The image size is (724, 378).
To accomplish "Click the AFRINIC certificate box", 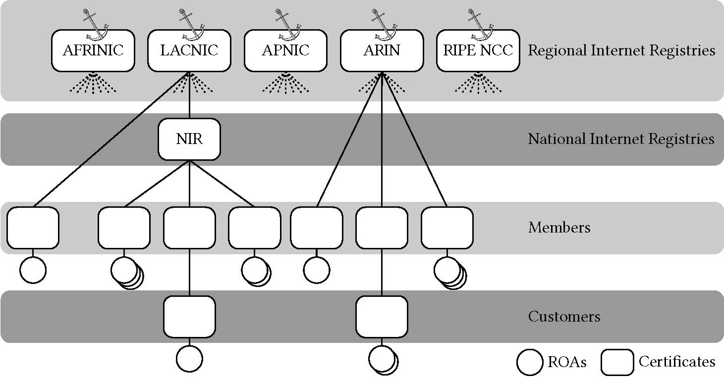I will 93,50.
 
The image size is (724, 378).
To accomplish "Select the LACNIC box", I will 189,50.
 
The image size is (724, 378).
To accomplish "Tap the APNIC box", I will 285,50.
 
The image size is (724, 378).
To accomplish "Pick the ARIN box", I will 382,50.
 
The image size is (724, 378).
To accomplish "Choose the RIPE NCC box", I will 478,50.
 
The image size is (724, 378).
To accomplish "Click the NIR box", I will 189,139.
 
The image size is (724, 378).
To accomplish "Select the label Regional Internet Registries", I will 621,50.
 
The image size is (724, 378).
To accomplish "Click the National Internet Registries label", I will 621,139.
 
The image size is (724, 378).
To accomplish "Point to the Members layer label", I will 559,228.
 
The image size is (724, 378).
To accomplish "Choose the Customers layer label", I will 564,317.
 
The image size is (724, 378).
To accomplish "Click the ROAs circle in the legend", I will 530,363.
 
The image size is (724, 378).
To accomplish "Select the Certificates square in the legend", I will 617,363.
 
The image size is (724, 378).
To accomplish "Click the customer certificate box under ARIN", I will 382,317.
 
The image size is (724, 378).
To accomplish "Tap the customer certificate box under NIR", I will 189,317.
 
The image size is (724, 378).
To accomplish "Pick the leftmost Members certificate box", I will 33,228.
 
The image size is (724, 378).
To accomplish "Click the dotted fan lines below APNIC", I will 285,83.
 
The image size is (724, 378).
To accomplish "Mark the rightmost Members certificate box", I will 446,228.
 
